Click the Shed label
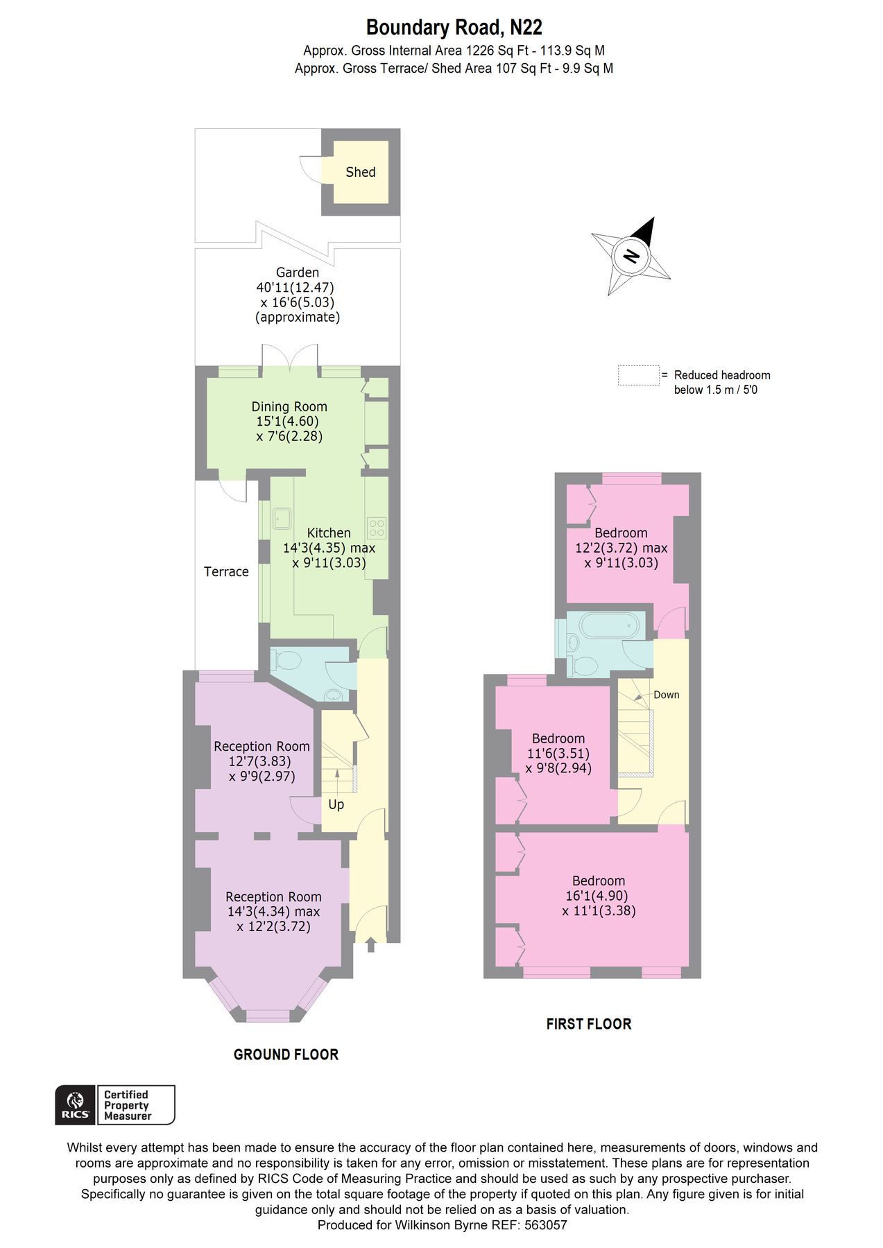coord(360,172)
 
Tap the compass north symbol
coord(631,256)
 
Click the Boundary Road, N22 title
coord(454,28)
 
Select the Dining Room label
coord(289,407)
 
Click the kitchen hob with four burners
coord(377,528)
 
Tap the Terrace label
coord(226,571)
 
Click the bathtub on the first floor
coord(608,626)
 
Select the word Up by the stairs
coord(336,804)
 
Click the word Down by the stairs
coord(666,695)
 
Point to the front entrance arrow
coord(370,944)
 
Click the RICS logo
coord(75,1104)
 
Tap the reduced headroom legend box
coord(638,375)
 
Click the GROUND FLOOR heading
coord(286,1055)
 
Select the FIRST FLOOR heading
coord(588,1024)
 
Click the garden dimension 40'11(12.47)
coord(295,287)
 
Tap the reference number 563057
coord(546,1225)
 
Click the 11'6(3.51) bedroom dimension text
coord(558,753)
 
